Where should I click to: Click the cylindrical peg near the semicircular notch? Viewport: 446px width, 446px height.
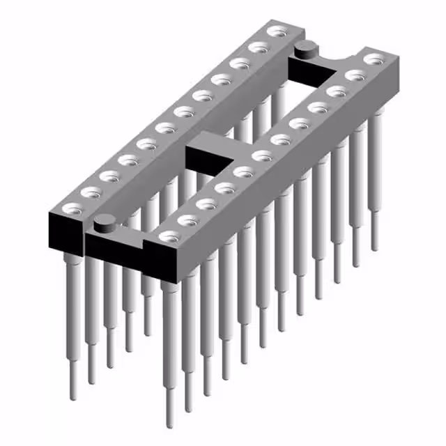tap(305, 49)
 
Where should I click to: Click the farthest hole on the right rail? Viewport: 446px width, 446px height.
tap(375, 59)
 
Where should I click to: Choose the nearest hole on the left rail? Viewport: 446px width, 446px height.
tap(71, 208)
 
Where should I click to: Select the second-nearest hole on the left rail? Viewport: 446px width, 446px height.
tap(90, 192)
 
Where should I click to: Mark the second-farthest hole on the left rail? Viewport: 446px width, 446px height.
tap(259, 47)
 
